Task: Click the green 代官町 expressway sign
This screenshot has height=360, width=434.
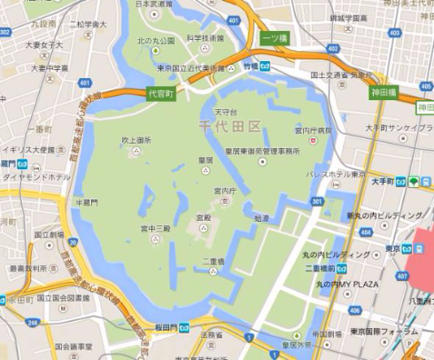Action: (x=160, y=91)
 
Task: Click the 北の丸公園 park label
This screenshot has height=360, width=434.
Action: (x=157, y=40)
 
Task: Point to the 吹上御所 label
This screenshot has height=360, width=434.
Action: (x=136, y=140)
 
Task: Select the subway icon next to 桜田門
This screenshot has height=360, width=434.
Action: (x=183, y=326)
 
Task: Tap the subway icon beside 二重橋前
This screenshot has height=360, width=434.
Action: (x=341, y=267)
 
